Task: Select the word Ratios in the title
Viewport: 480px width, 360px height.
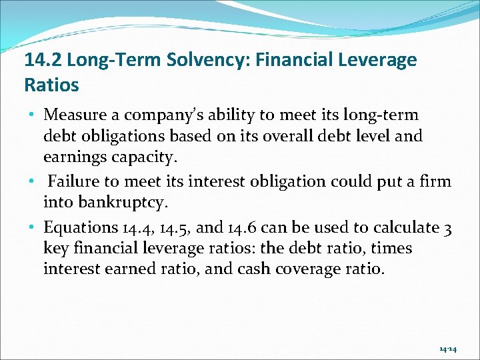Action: pos(51,85)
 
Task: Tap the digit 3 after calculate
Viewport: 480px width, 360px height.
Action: pos(447,227)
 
